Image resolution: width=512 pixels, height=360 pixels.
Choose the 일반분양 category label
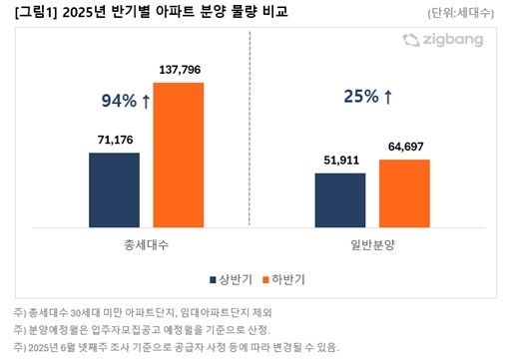(372, 243)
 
